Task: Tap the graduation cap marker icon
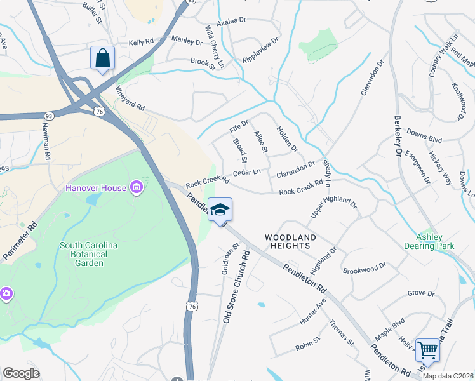[x=220, y=210]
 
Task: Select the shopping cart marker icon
[x=427, y=351]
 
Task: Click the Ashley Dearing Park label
[x=429, y=241]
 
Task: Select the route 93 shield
[x=49, y=116]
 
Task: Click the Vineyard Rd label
[x=130, y=98]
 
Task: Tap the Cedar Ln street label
[x=248, y=172]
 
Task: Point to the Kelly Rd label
[x=142, y=42]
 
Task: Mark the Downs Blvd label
[x=424, y=137]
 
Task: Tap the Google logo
[x=21, y=373]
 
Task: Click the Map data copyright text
[x=447, y=376]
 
